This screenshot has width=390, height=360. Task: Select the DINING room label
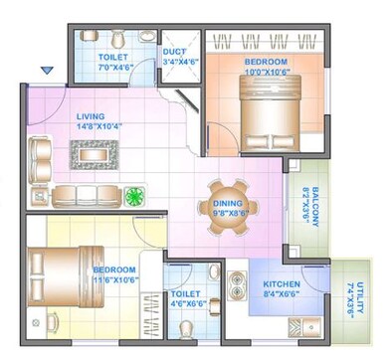pyautogui.click(x=226, y=204)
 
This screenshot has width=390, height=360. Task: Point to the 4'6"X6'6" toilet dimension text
pyautogui.click(x=186, y=305)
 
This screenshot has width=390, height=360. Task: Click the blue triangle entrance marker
pyautogui.click(x=46, y=71)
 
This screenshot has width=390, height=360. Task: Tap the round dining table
pyautogui.click(x=227, y=207)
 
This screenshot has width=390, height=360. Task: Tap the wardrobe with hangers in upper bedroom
pyautogui.click(x=265, y=42)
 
